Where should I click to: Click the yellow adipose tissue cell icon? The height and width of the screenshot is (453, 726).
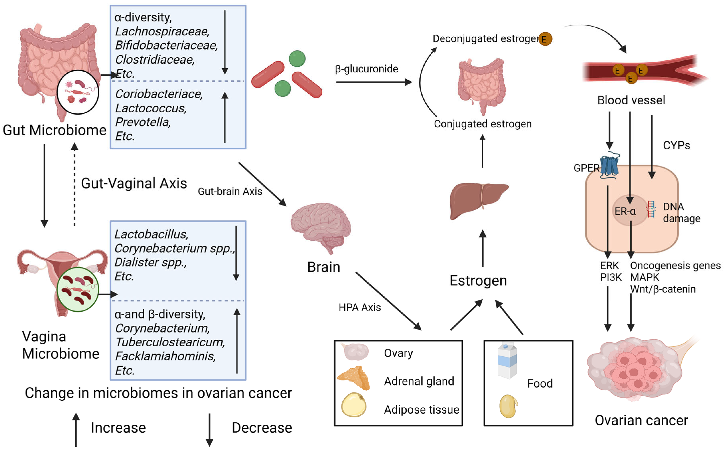coord(354,405)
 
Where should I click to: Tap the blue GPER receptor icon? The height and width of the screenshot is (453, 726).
coord(609,166)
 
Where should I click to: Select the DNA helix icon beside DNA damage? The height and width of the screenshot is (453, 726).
coord(651,209)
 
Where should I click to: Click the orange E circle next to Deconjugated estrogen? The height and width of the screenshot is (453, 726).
coord(545,39)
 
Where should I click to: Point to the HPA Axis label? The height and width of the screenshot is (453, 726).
coord(359,307)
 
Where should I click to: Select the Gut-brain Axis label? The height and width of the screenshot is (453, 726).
coord(230,191)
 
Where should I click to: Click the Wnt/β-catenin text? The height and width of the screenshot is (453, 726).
coord(663,289)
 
